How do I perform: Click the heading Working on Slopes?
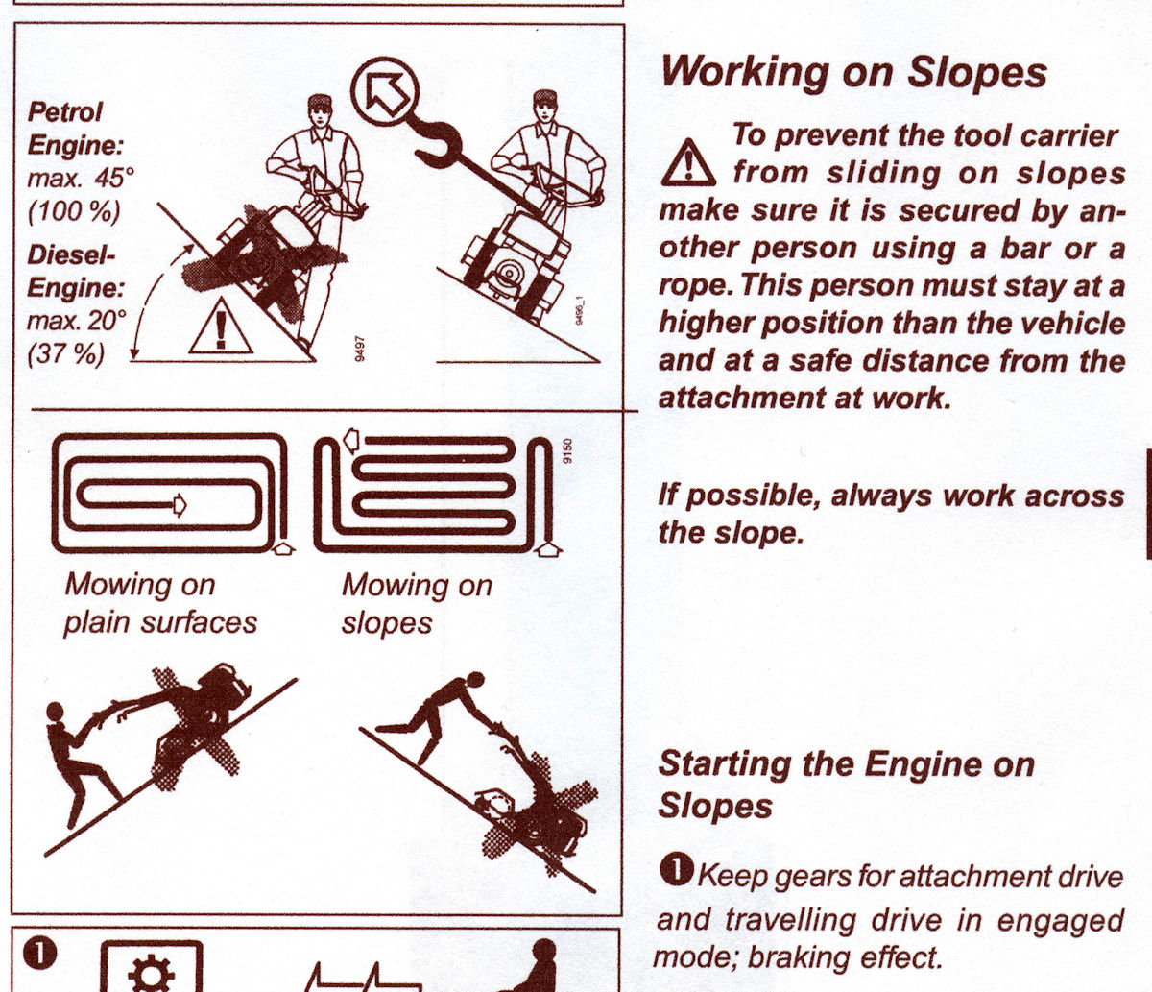[x=853, y=72]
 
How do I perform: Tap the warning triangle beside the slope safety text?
[x=687, y=163]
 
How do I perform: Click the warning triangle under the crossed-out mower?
[x=221, y=327]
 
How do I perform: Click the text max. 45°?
[x=81, y=178]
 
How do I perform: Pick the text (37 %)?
[x=66, y=353]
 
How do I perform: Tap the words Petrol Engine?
[x=75, y=130]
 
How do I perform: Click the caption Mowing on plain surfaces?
[x=160, y=603]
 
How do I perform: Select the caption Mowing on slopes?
[x=417, y=603]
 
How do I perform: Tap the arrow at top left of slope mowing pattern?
[x=350, y=440]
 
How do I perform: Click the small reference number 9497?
[x=359, y=349]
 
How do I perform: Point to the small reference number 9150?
[x=567, y=451]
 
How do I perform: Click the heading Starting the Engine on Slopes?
[x=846, y=785]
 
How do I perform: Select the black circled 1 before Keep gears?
[x=677, y=869]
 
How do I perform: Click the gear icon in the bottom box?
[x=152, y=974]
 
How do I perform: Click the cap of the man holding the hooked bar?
[x=545, y=98]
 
